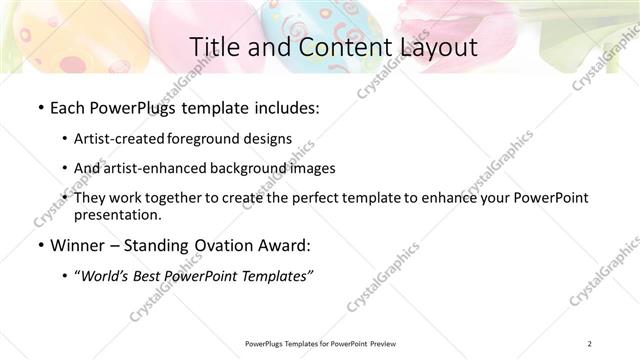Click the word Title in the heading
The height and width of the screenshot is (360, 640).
[212, 46]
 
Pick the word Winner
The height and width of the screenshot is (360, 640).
[76, 245]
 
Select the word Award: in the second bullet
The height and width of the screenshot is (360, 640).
[290, 245]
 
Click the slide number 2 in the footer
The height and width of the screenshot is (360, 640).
[590, 344]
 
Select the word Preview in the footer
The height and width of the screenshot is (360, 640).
[389, 344]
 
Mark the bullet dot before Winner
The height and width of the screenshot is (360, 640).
[38, 246]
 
